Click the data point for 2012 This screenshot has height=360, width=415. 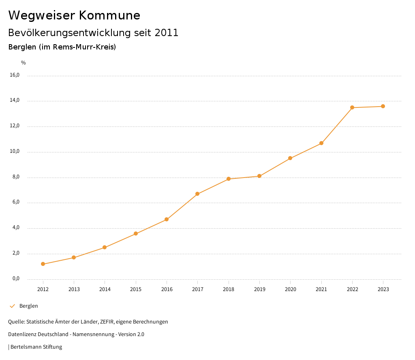(43, 264)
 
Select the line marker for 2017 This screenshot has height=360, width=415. (197, 194)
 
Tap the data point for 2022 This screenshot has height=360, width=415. (352, 107)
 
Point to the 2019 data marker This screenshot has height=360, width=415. (259, 176)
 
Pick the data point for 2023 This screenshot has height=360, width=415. (383, 106)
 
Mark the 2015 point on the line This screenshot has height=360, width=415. (136, 234)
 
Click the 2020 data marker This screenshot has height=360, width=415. (290, 158)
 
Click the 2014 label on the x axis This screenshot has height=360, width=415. (105, 289)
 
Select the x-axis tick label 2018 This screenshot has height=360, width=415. (229, 289)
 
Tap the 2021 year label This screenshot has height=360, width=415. (321, 289)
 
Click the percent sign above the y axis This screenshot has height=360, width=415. (24, 63)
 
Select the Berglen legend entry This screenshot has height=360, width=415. (28, 306)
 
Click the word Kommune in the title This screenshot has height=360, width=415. (109, 15)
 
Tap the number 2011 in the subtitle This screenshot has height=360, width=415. (167, 33)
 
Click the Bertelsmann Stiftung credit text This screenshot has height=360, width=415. (36, 347)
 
